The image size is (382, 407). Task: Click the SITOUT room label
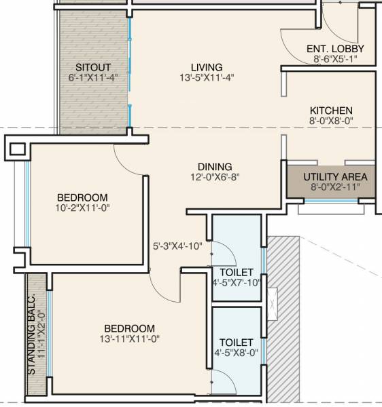[x=90, y=67]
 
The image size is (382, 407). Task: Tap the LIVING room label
[x=206, y=67]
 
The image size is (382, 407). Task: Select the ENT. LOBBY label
[x=335, y=49]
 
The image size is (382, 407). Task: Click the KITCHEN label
[x=331, y=111]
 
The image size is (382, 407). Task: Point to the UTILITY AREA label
[x=335, y=177]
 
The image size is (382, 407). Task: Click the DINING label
[x=215, y=166]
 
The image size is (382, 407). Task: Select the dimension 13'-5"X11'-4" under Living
[x=206, y=78]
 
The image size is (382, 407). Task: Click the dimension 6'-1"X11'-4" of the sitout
[x=92, y=78]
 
